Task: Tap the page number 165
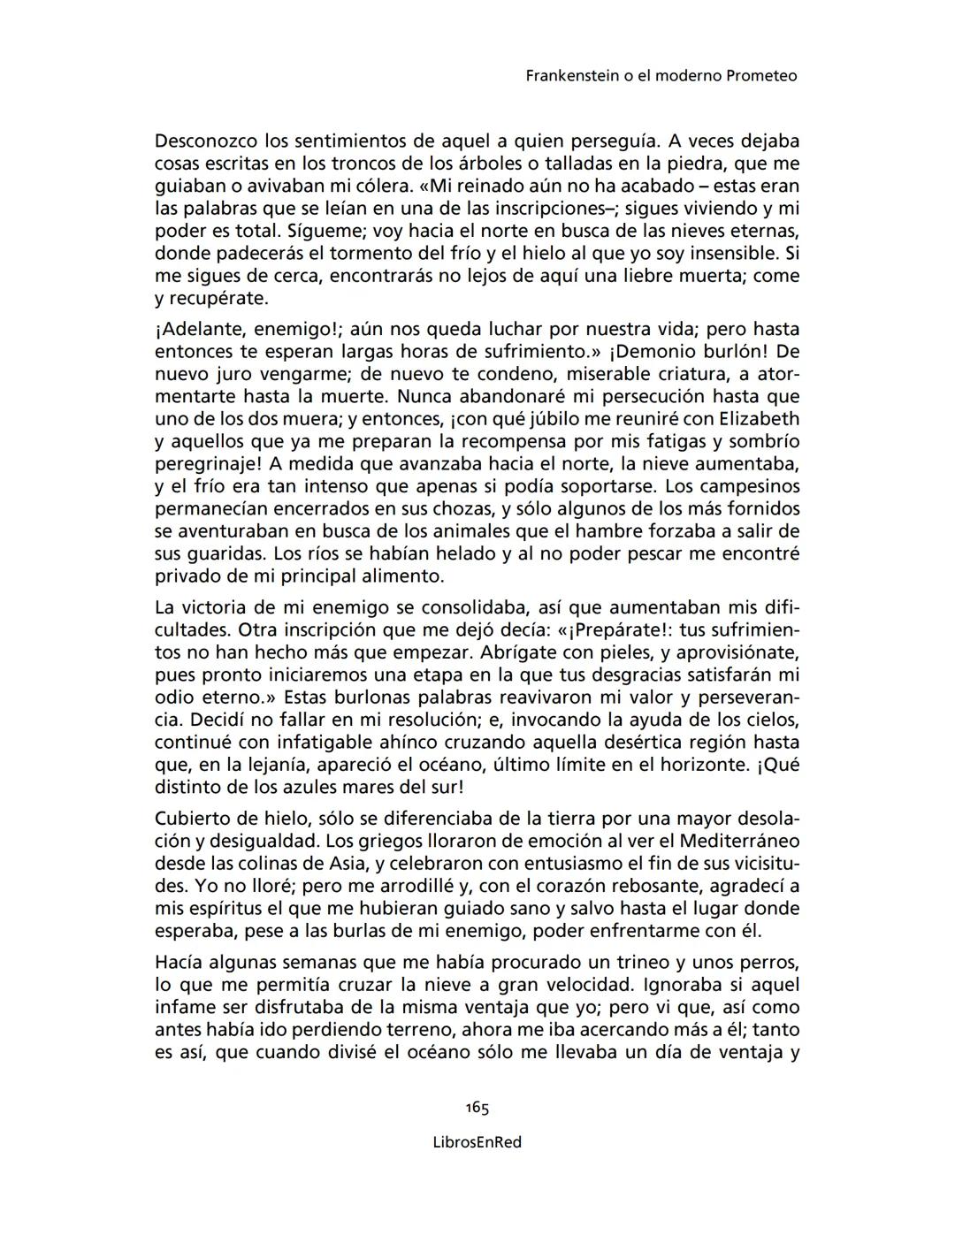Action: pyautogui.click(x=477, y=1108)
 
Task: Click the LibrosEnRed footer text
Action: pyautogui.click(x=477, y=1142)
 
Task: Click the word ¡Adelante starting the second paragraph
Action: pyautogui.click(x=200, y=330)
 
